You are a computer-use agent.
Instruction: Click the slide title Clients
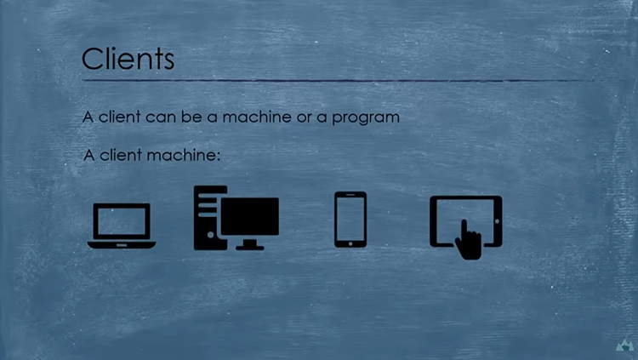point(128,59)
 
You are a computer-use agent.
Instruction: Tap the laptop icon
point(122,226)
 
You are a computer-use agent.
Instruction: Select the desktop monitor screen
point(250,216)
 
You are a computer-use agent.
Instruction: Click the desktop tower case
point(209,218)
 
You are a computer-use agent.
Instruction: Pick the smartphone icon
point(350,220)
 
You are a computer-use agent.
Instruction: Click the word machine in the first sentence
point(257,117)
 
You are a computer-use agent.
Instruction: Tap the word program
point(366,118)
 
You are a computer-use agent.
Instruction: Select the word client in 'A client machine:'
point(120,155)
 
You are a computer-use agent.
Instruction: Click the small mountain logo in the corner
point(624,346)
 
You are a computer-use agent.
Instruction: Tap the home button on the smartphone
point(350,243)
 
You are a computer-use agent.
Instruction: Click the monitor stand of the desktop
point(250,243)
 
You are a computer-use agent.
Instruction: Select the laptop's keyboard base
point(122,245)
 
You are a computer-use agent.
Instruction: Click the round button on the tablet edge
point(497,221)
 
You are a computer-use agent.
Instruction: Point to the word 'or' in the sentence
point(304,117)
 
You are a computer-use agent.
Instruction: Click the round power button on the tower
point(210,235)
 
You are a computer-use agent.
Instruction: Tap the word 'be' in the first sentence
point(191,117)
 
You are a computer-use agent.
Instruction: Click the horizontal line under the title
point(338,81)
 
